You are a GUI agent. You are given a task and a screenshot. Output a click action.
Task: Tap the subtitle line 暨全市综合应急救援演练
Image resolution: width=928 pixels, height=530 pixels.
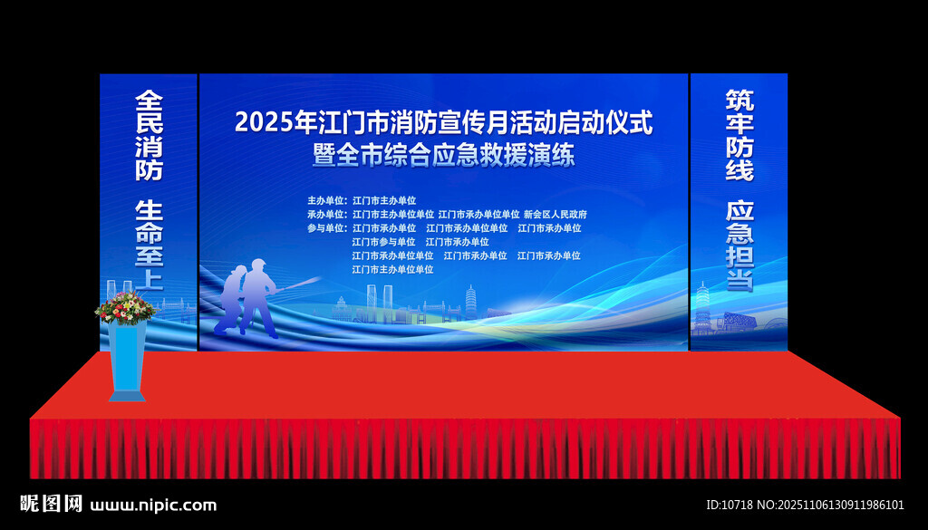click(x=443, y=155)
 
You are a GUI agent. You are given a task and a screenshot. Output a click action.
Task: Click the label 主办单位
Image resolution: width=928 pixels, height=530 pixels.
click(x=326, y=200)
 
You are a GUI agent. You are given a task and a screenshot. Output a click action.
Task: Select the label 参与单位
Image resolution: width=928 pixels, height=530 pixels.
click(x=326, y=228)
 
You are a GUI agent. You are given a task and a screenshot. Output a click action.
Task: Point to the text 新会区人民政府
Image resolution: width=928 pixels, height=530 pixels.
click(x=556, y=215)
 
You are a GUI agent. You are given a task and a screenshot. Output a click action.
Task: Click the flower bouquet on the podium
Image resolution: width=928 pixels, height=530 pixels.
click(x=126, y=307)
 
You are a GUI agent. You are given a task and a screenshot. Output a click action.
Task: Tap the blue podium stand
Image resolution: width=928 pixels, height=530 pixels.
click(x=127, y=358)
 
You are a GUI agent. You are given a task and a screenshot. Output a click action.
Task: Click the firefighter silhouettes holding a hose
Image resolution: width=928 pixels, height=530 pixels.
click(x=247, y=299)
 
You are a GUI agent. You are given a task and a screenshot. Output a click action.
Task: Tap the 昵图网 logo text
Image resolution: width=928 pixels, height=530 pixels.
click(x=51, y=504)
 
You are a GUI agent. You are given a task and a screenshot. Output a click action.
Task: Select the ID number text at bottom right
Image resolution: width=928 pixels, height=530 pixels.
click(x=805, y=505)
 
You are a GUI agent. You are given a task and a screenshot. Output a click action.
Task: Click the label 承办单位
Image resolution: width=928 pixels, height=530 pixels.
click(x=326, y=215)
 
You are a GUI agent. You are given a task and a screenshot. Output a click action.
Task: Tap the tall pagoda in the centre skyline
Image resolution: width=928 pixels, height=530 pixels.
click(x=470, y=302)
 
